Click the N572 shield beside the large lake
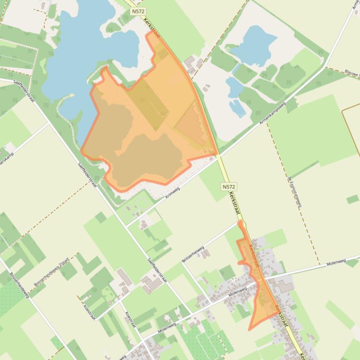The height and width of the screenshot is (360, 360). pyautogui.click(x=138, y=11)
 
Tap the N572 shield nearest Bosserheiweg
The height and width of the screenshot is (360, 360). pyautogui.click(x=228, y=187)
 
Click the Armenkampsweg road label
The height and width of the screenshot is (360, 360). pyautogui.click(x=272, y=114)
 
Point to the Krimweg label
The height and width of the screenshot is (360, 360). pyautogui.click(x=172, y=192)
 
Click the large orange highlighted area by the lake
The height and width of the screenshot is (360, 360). pyautogui.click(x=145, y=126)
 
